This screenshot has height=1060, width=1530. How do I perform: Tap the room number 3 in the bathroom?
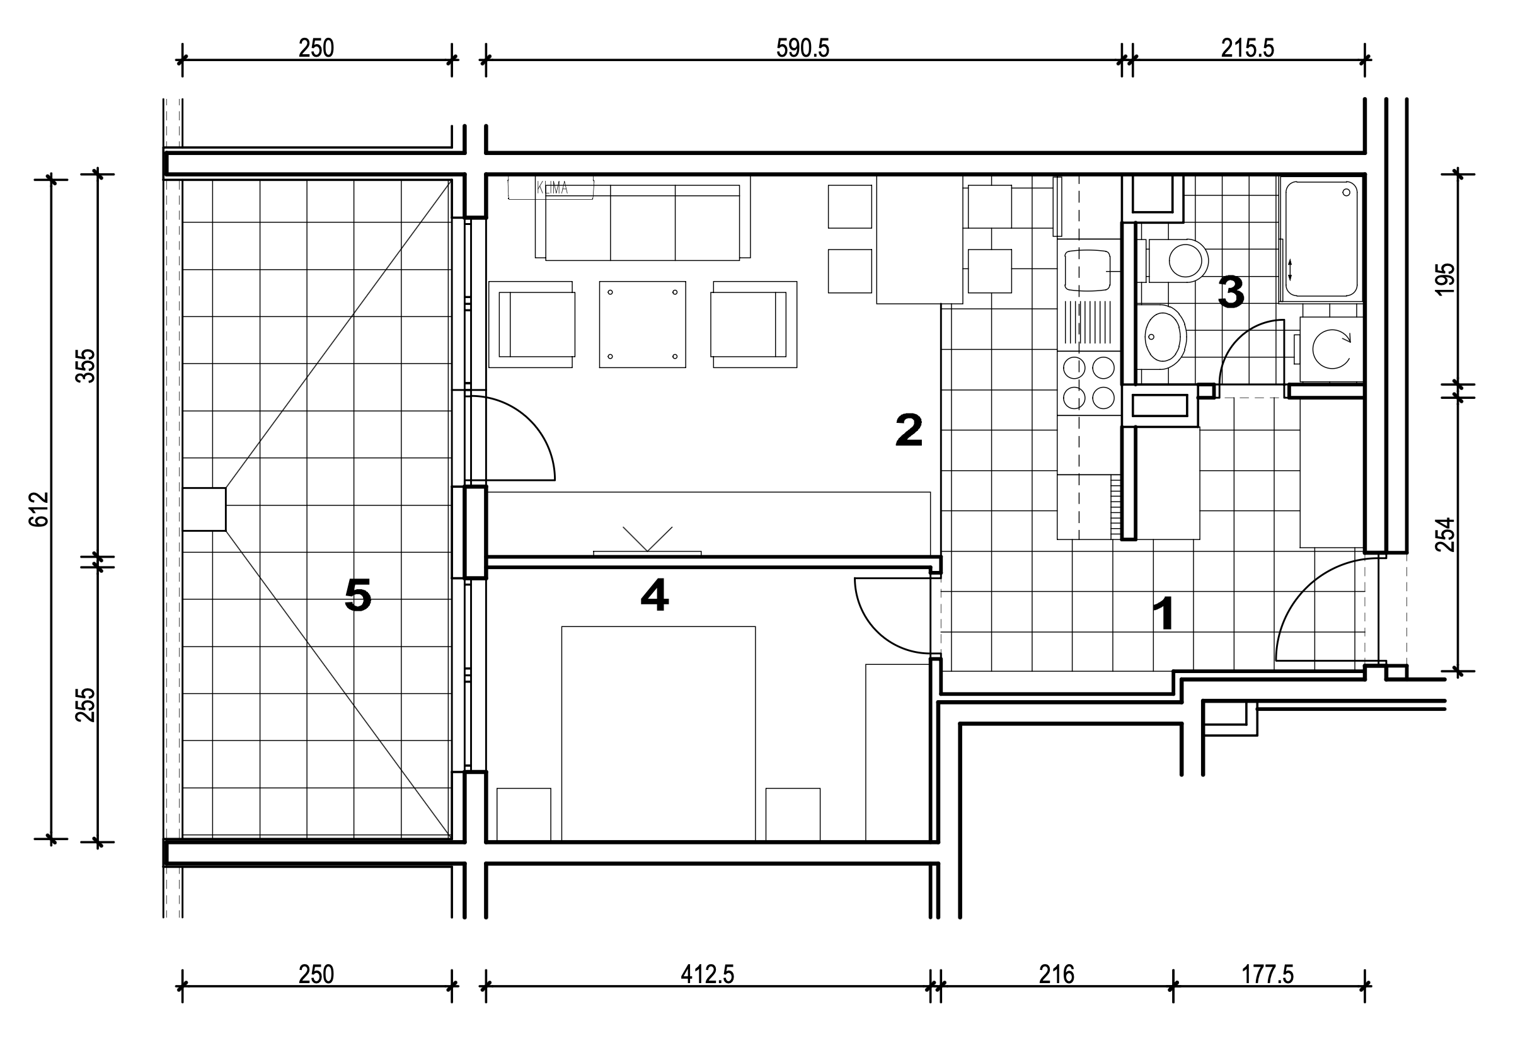[x=1231, y=292]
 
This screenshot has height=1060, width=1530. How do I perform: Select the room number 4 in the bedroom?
[x=654, y=594]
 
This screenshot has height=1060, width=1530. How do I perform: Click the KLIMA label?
[x=552, y=188]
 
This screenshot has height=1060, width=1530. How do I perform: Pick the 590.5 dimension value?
[x=802, y=48]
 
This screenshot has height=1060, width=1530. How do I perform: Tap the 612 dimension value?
[x=40, y=509]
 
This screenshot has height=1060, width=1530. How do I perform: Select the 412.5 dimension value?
[x=707, y=974]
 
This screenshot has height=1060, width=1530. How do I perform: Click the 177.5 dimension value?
[x=1268, y=974]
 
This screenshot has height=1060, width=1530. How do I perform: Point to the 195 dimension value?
[x=1445, y=279]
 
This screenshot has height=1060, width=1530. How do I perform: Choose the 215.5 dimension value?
[x=1247, y=48]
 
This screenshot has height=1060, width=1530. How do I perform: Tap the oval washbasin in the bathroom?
[x=1161, y=337]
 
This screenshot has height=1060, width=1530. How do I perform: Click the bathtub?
[x=1321, y=239]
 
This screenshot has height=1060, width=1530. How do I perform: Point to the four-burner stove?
[x=1089, y=383]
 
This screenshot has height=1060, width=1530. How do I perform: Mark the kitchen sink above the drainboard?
[x=1088, y=270]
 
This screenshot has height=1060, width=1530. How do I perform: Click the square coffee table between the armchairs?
[x=642, y=324]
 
